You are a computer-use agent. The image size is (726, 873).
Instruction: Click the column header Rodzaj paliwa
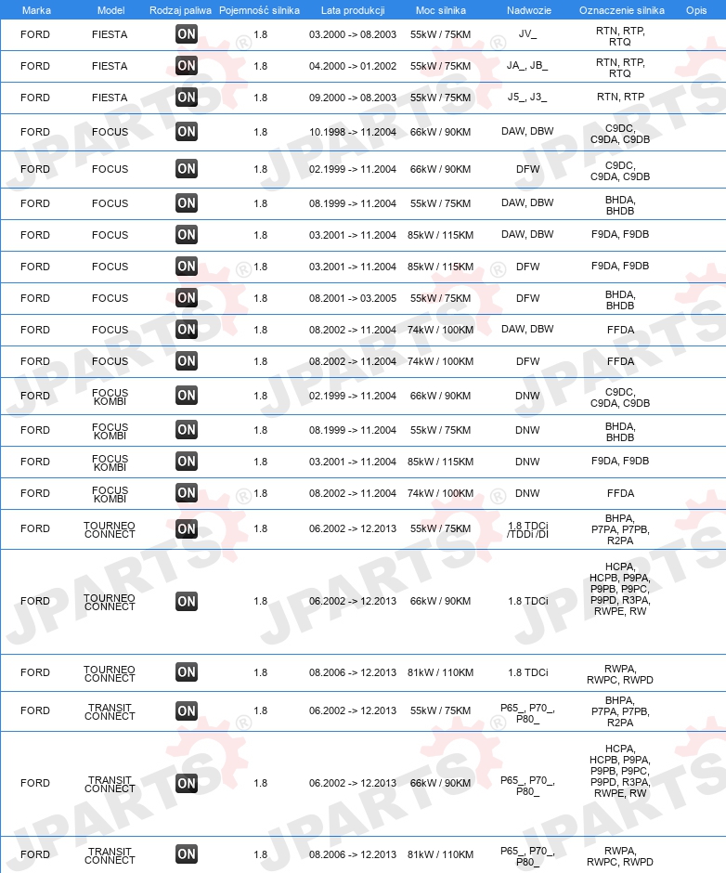[180, 9]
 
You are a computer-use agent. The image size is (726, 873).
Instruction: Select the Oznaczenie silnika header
[621, 9]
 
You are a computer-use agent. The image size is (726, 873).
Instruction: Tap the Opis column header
[695, 9]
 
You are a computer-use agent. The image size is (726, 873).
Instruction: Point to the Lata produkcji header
[353, 9]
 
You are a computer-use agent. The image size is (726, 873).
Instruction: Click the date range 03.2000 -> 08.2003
[353, 34]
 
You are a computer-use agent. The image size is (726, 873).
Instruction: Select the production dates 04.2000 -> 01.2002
[353, 66]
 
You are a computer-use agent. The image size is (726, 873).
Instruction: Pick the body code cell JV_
[527, 34]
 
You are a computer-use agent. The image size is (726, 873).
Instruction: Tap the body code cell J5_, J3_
[527, 98]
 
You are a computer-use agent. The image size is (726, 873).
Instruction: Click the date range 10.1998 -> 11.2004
[353, 132]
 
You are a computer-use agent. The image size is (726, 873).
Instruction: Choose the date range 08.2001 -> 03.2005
[353, 298]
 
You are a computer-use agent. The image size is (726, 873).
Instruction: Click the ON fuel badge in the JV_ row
[187, 34]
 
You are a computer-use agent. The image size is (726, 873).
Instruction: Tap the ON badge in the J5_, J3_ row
[187, 98]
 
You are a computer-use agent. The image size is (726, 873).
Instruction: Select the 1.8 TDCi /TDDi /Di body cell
[527, 528]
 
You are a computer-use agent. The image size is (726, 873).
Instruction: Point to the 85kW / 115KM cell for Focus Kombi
[440, 462]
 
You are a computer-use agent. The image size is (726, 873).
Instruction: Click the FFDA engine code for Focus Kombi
[620, 493]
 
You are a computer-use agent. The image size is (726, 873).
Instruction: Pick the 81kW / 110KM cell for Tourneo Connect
[440, 672]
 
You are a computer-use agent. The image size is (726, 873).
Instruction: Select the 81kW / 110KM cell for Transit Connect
[440, 854]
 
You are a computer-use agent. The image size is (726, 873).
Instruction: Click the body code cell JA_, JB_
[527, 66]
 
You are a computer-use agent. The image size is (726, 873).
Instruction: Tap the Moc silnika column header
[440, 9]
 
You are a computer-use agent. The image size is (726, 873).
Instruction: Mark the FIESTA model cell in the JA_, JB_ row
[110, 66]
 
